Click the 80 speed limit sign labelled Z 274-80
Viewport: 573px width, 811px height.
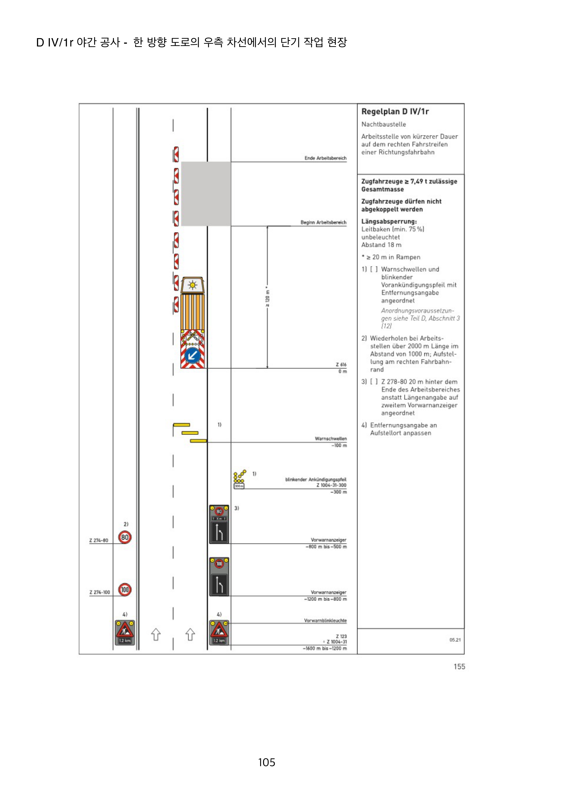(125, 537)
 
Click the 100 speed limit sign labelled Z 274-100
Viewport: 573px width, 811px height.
(125, 590)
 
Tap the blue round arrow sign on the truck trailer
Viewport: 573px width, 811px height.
(192, 355)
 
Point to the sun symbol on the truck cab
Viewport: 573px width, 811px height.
(192, 285)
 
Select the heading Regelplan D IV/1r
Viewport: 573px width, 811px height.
(395, 112)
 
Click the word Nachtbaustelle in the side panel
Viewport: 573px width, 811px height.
(383, 124)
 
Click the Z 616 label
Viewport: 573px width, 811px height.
(341, 364)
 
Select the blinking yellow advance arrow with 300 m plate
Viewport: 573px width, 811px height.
(239, 479)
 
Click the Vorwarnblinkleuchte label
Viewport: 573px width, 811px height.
(325, 621)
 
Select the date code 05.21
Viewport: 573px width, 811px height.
(455, 640)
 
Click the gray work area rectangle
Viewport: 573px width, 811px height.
(206, 194)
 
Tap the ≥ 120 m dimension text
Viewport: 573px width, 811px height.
(267, 297)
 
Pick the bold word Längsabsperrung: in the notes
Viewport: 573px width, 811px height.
(389, 221)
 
